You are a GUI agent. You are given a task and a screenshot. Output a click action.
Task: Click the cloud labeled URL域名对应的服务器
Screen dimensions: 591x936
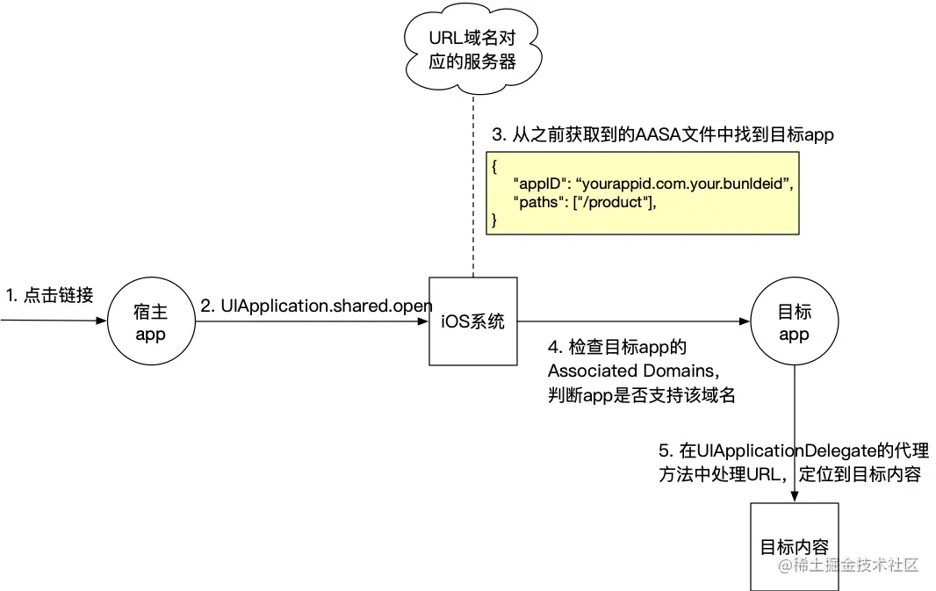coord(472,50)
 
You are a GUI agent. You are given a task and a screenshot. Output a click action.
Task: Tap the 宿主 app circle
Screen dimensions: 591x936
coord(150,321)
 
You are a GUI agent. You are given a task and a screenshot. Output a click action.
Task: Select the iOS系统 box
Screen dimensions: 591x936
coord(472,321)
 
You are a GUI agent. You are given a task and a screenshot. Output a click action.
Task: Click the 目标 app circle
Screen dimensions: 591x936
coord(794,321)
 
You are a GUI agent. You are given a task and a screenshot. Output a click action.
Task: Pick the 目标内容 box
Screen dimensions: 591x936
coord(794,546)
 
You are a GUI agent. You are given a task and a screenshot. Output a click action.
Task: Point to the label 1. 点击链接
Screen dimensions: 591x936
coord(49,296)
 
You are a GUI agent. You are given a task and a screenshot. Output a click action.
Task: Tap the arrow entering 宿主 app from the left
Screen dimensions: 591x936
coord(53,321)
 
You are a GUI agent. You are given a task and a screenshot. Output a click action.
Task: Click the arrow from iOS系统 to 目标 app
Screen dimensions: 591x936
coord(632,321)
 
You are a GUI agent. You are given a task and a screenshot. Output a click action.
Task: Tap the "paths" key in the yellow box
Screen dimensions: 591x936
coord(538,202)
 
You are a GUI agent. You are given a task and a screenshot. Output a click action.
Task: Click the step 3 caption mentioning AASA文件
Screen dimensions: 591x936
coord(662,135)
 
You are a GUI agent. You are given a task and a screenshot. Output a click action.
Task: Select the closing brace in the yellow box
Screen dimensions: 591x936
coord(494,220)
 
